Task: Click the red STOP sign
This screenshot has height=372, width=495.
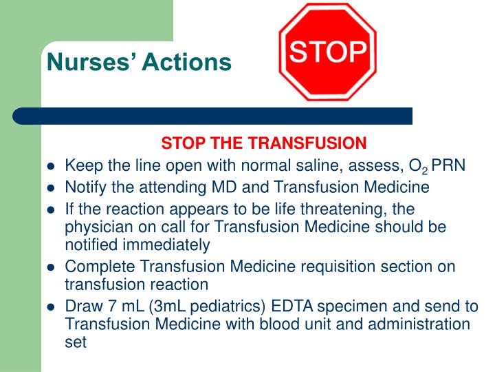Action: click(327, 52)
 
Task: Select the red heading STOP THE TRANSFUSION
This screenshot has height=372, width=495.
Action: click(264, 143)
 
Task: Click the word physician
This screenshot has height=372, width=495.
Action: click(96, 227)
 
